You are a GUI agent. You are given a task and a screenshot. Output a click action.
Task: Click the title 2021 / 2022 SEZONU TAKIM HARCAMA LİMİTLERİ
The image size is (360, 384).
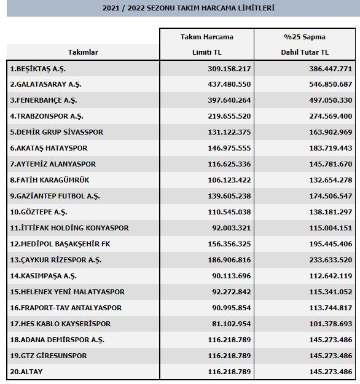click(x=179, y=8)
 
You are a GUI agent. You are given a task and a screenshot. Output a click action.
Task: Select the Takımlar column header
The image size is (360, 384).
click(x=83, y=52)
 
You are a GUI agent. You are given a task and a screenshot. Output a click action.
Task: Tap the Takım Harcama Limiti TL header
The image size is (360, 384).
click(x=206, y=45)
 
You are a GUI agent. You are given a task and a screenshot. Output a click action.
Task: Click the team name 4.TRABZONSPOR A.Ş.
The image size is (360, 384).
click(x=47, y=116)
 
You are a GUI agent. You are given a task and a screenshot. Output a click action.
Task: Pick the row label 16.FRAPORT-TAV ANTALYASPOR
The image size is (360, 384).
click(x=66, y=308)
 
